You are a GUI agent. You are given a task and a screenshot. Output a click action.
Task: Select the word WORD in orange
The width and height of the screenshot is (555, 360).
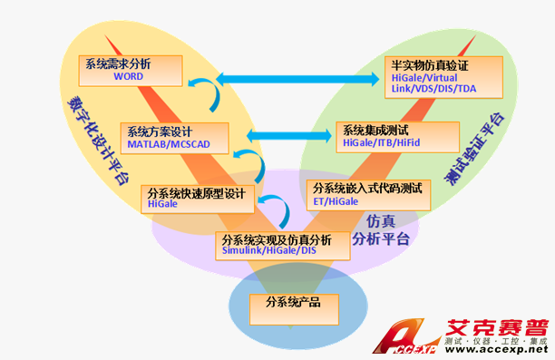[x=129, y=78]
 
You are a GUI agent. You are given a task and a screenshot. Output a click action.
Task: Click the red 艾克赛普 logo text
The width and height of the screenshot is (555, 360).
[x=495, y=330]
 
